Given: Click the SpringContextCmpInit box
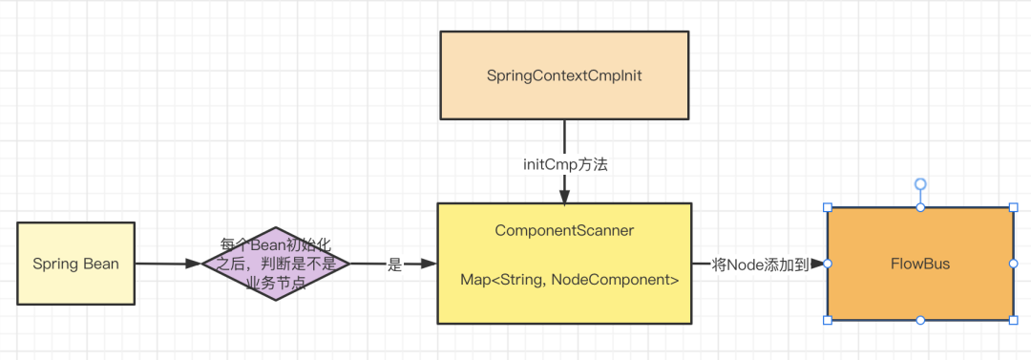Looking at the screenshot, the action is click(x=564, y=75).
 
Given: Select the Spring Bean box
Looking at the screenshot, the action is click(x=75, y=264).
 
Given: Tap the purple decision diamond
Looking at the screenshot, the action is click(x=276, y=264).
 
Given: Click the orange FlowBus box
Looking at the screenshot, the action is click(x=920, y=264).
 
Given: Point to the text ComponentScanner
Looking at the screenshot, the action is click(x=564, y=230).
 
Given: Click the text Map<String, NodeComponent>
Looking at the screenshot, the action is click(x=569, y=280).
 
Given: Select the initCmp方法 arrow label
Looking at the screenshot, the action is click(x=565, y=164).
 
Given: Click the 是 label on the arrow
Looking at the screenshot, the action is click(x=394, y=265).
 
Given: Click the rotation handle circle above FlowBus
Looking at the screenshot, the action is click(x=920, y=183).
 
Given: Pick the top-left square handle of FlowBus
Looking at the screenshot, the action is click(x=828, y=207).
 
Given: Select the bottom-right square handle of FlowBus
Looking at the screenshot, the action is click(x=1013, y=320).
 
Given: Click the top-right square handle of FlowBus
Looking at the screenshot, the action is click(x=1013, y=207).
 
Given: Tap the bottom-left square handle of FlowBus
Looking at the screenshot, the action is click(x=828, y=320).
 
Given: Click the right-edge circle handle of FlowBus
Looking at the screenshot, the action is click(x=1013, y=264).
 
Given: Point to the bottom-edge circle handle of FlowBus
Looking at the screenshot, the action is click(x=920, y=320).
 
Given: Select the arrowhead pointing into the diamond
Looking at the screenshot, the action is click(x=193, y=264).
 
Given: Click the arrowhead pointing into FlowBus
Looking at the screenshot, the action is click(x=818, y=264).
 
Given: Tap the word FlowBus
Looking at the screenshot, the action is click(x=920, y=264).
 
